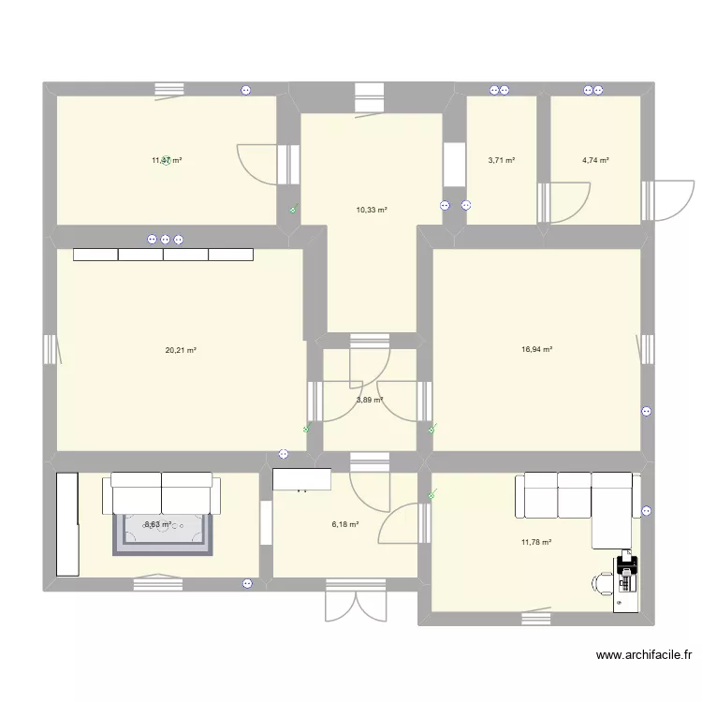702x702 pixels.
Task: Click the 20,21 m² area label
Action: click(181, 351)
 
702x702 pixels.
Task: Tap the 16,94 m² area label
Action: click(536, 350)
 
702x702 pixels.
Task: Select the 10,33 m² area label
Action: click(372, 211)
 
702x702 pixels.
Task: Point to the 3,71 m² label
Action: click(502, 160)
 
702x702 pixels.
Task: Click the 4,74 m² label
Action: click(595, 160)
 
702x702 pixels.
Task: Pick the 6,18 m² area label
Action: click(344, 525)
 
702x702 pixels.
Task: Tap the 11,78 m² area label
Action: click(536, 542)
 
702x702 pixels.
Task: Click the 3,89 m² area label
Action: click(369, 400)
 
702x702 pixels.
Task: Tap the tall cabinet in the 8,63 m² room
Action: click(66, 523)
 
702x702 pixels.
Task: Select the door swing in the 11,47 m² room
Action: click(260, 165)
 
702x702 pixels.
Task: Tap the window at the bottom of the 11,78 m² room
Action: click(535, 615)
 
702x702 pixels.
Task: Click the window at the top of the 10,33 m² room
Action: click(370, 96)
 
